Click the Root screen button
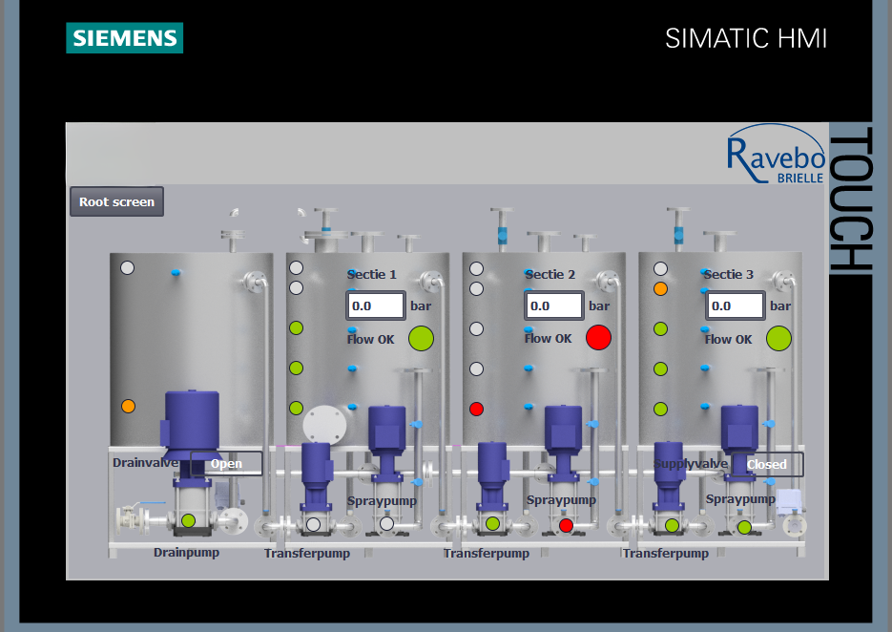pyautogui.click(x=116, y=201)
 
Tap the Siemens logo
pyautogui.click(x=125, y=37)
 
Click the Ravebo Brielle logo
pyautogui.click(x=776, y=154)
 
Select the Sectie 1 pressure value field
pyautogui.click(x=376, y=305)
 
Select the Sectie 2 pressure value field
pyautogui.click(x=554, y=305)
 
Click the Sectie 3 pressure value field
pyautogui.click(x=735, y=305)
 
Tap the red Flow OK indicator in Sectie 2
pyautogui.click(x=598, y=337)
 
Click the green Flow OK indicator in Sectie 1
pyautogui.click(x=421, y=338)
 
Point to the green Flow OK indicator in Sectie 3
pyautogui.click(x=778, y=338)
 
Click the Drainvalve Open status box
pyautogui.click(x=226, y=463)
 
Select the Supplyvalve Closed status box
pyautogui.click(x=767, y=464)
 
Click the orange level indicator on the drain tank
pyautogui.click(x=128, y=406)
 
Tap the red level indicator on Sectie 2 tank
pyautogui.click(x=476, y=409)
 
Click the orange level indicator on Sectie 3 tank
pyautogui.click(x=660, y=288)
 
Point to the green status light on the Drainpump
pyautogui.click(x=188, y=520)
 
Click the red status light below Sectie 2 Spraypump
pyautogui.click(x=566, y=525)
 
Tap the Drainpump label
pyautogui.click(x=187, y=553)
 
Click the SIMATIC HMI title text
pyautogui.click(x=746, y=39)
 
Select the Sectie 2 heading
pyautogui.click(x=550, y=274)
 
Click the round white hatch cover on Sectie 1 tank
pyautogui.click(x=324, y=426)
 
